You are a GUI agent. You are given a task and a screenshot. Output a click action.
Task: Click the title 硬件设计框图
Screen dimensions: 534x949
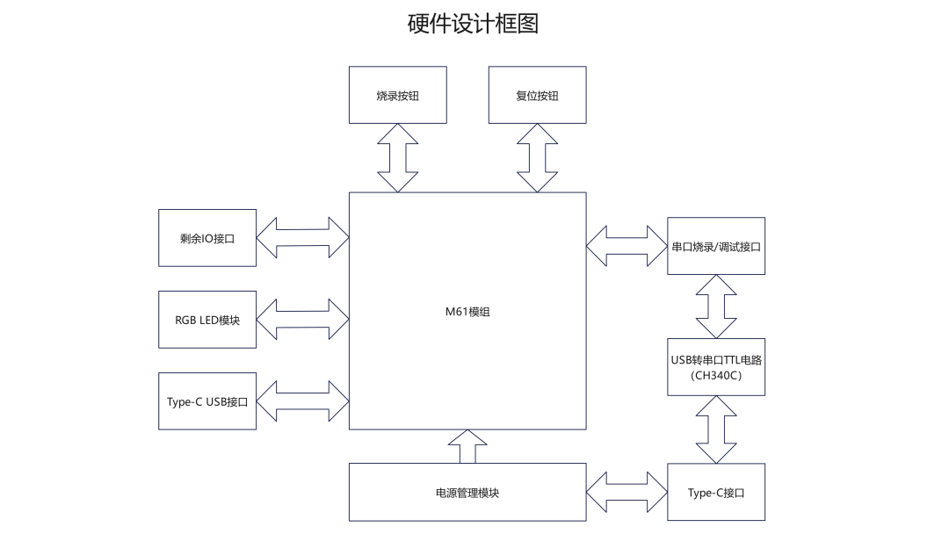coord(473,24)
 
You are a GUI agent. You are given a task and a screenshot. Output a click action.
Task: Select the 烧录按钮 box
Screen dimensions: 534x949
coord(397,95)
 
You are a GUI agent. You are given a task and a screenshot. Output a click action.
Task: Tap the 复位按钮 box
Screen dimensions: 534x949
coord(537,95)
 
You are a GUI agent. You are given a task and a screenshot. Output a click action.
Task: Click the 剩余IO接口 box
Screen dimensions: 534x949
coord(207,237)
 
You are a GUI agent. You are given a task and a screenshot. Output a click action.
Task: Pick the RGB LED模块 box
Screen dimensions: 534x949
coord(207,320)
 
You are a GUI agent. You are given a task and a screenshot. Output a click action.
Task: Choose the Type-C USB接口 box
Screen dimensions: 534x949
coord(207,401)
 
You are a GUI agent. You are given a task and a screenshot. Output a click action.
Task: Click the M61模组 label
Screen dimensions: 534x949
coord(467,311)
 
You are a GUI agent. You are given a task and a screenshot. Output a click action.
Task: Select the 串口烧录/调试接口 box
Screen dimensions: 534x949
coord(716,246)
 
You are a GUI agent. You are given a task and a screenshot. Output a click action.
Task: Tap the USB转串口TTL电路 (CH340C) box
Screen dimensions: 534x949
coord(716,367)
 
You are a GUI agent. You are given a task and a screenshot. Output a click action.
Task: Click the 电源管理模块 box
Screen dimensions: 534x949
coord(467,492)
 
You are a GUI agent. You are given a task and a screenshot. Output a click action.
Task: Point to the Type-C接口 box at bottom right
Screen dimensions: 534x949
coord(716,492)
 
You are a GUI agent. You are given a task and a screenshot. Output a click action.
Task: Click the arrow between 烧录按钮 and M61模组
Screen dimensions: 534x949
coord(397,157)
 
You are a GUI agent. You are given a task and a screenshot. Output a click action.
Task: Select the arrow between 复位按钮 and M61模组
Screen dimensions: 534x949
coord(537,157)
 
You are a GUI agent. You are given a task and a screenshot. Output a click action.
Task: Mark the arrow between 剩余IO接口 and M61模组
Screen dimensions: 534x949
coord(302,237)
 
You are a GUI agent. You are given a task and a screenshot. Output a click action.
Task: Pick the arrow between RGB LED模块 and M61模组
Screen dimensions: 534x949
coord(302,320)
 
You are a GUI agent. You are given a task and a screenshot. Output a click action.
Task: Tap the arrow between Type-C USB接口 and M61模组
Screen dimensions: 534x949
coord(302,401)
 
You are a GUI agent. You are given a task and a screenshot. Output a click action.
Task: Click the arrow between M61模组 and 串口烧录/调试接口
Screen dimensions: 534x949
coord(627,246)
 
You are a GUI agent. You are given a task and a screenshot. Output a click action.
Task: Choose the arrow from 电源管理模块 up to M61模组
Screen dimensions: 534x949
coord(467,447)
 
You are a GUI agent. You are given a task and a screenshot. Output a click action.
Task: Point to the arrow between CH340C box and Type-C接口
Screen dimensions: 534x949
coord(716,429)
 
